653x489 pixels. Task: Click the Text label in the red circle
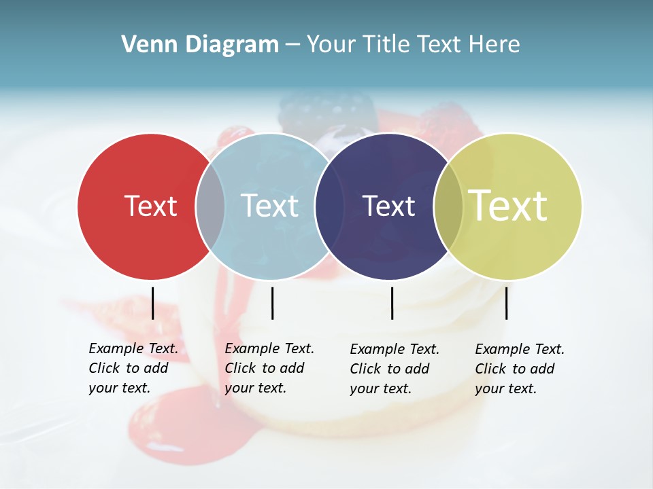(150, 206)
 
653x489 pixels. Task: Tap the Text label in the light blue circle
(270, 206)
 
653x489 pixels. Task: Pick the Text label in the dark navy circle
(388, 206)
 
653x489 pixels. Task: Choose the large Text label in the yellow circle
(508, 206)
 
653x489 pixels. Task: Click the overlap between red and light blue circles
(210, 206)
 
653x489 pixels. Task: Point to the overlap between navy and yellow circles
(448, 206)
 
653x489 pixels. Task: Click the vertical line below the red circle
(152, 303)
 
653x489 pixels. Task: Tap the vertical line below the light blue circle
(272, 303)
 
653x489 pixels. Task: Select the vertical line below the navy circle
(392, 303)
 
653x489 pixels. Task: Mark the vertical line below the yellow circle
(506, 303)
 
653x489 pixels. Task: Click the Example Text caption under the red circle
(133, 368)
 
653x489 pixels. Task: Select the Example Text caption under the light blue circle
(269, 368)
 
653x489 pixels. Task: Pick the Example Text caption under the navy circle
(394, 369)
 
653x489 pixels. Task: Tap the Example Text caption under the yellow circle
(519, 369)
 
